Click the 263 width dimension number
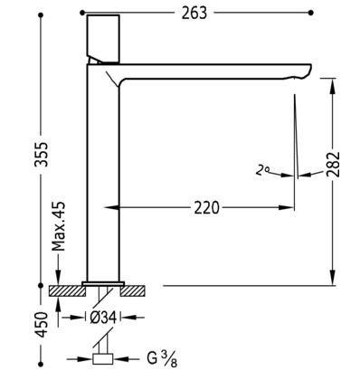tap(194, 13)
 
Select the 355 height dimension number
tap(42, 154)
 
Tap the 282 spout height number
tap(333, 164)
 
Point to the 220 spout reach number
tap(206, 208)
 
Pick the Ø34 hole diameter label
tap(103, 318)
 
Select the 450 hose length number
tap(42, 325)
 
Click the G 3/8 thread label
tap(162, 358)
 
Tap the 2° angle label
tap(262, 170)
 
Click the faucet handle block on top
tap(103, 39)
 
